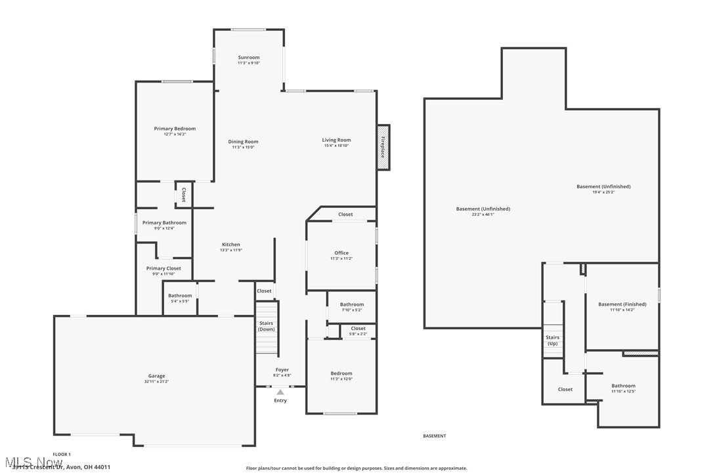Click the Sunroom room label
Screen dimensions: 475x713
click(x=248, y=58)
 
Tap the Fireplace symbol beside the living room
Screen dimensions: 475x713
click(x=383, y=147)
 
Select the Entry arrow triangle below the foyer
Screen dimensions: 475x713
click(x=280, y=392)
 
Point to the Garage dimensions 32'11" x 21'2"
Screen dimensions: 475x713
click(x=156, y=381)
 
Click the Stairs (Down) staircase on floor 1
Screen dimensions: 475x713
click(x=267, y=326)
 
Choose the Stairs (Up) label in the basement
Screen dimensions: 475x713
click(x=553, y=341)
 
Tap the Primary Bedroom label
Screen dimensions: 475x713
click(x=175, y=129)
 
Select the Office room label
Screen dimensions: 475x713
click(x=341, y=253)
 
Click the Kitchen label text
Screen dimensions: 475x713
click(x=230, y=245)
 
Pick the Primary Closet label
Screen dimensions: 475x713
click(x=163, y=268)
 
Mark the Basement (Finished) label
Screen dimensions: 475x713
click(x=622, y=304)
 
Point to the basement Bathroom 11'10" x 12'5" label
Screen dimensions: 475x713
click(x=623, y=386)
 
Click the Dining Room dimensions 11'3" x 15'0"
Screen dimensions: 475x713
click(x=243, y=147)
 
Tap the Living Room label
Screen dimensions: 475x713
click(x=336, y=140)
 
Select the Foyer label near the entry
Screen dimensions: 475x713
click(x=282, y=370)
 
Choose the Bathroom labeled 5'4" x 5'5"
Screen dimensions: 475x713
click(x=180, y=296)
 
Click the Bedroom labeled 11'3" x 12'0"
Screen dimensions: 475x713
click(x=341, y=373)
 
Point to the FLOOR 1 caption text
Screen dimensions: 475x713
click(x=62, y=454)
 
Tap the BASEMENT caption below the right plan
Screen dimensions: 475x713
click(x=434, y=436)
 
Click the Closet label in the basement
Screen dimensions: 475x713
click(x=565, y=389)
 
